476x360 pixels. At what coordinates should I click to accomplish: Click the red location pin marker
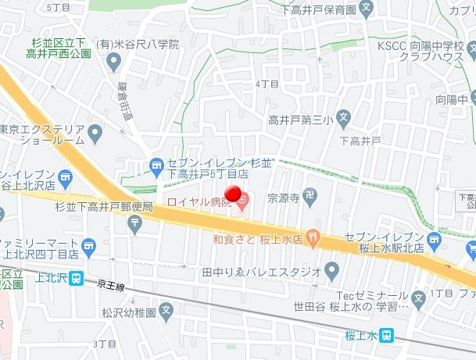click(233, 194)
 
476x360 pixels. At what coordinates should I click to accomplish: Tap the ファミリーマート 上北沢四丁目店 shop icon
click(90, 249)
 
